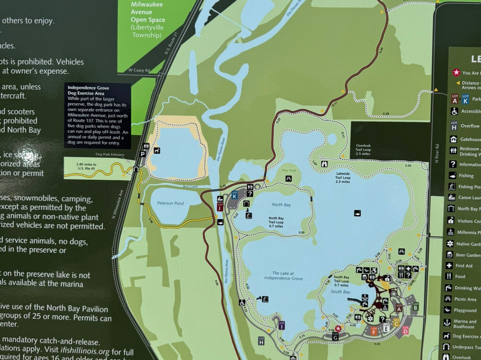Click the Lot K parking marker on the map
coord(235,194)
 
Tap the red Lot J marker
coord(220,206)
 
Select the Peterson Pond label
coord(170,204)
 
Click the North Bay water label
coord(281,205)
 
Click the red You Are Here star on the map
coord(338,329)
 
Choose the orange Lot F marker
coord(374,330)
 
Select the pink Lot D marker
coord(405,330)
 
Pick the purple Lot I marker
coord(281,325)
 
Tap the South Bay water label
coord(340,292)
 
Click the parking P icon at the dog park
coord(143,154)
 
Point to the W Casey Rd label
coord(139,70)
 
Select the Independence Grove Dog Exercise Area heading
coord(88,90)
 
